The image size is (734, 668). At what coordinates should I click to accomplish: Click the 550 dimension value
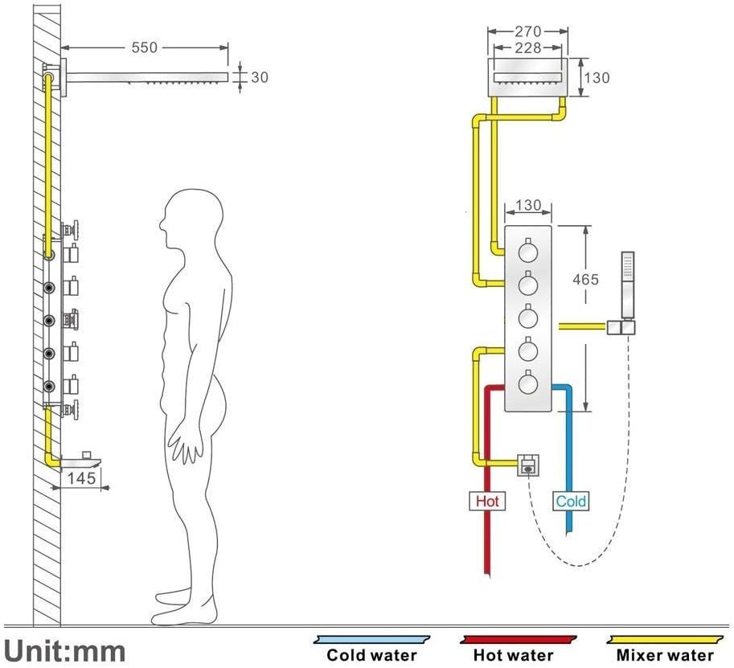145,48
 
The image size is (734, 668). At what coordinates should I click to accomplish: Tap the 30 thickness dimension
259,77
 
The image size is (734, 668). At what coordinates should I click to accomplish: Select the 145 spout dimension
82,478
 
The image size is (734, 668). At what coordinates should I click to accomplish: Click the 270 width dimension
527,32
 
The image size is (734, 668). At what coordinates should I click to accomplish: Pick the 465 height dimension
585,280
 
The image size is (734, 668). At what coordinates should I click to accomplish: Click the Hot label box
487,502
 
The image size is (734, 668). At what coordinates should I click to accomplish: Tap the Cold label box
571,502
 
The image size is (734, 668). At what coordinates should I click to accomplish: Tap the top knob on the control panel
528,254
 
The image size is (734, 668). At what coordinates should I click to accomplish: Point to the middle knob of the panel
528,318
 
